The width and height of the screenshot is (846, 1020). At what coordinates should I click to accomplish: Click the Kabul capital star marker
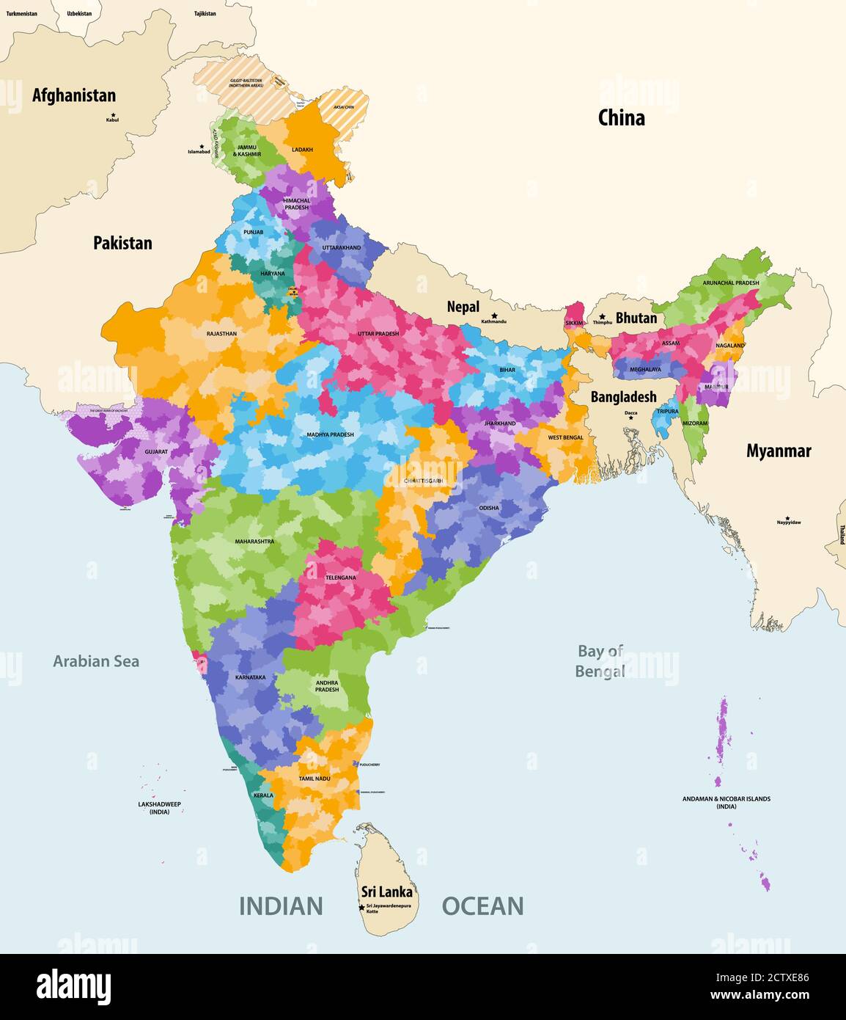pyautogui.click(x=113, y=114)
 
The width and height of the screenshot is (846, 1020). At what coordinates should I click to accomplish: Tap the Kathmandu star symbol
pyautogui.click(x=494, y=316)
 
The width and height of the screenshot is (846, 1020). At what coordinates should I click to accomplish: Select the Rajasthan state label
pyautogui.click(x=221, y=334)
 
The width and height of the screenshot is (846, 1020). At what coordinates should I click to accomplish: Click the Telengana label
pyautogui.click(x=340, y=578)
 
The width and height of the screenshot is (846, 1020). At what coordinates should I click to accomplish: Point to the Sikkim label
pyautogui.click(x=574, y=323)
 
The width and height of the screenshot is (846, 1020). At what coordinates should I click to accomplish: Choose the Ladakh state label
pyautogui.click(x=302, y=150)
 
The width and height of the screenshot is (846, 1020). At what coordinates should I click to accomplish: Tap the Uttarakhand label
pyautogui.click(x=342, y=248)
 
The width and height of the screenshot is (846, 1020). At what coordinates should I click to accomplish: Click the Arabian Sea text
pyautogui.click(x=96, y=661)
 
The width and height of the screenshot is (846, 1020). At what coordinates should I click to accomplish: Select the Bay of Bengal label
pyautogui.click(x=600, y=661)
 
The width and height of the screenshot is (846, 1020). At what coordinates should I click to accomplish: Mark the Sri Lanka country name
pyautogui.click(x=387, y=892)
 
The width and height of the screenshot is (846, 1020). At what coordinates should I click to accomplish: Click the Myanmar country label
pyautogui.click(x=779, y=451)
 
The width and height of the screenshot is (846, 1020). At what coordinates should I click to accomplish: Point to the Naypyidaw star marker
pyautogui.click(x=788, y=517)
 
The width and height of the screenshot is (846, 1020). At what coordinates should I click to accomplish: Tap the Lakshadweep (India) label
pyautogui.click(x=159, y=808)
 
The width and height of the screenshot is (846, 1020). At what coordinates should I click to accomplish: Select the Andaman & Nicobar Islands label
pyautogui.click(x=727, y=802)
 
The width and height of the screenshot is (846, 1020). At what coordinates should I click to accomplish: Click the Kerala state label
pyautogui.click(x=263, y=795)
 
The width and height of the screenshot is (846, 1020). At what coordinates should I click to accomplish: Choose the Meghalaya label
pyautogui.click(x=645, y=370)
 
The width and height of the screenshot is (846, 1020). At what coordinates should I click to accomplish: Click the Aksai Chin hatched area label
pyautogui.click(x=343, y=107)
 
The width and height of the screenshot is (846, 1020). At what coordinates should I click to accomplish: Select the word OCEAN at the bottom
pyautogui.click(x=482, y=906)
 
